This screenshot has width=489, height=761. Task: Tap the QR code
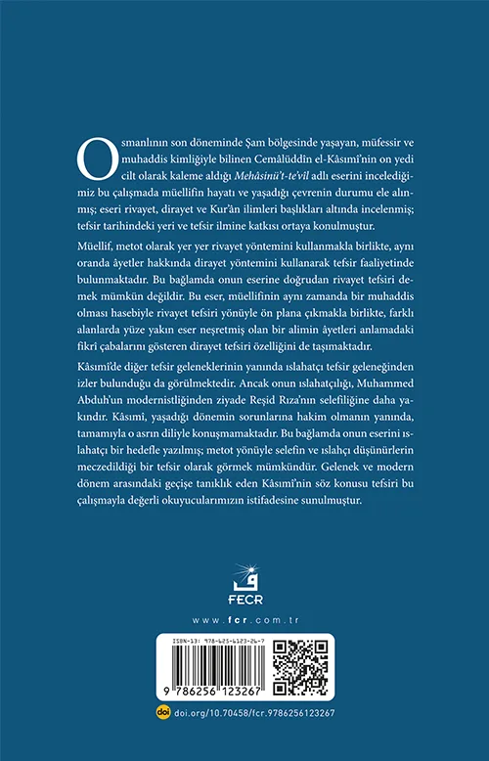click(299, 668)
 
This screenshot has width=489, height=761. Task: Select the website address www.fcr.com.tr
click(244, 619)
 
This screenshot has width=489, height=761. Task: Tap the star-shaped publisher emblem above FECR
click(244, 576)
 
